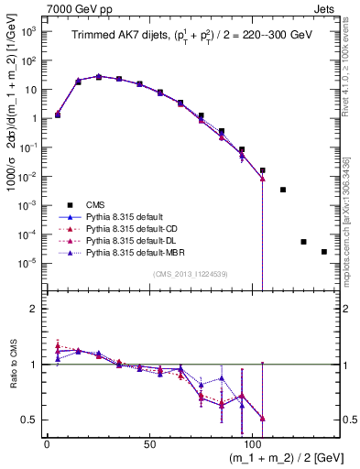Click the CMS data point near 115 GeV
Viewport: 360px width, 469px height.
(x=283, y=190)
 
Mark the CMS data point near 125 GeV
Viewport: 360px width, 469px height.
(x=303, y=242)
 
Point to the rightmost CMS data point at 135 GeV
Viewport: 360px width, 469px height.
(x=323, y=252)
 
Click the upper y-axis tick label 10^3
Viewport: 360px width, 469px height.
(x=28, y=31)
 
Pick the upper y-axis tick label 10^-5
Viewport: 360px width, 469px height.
(x=28, y=263)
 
